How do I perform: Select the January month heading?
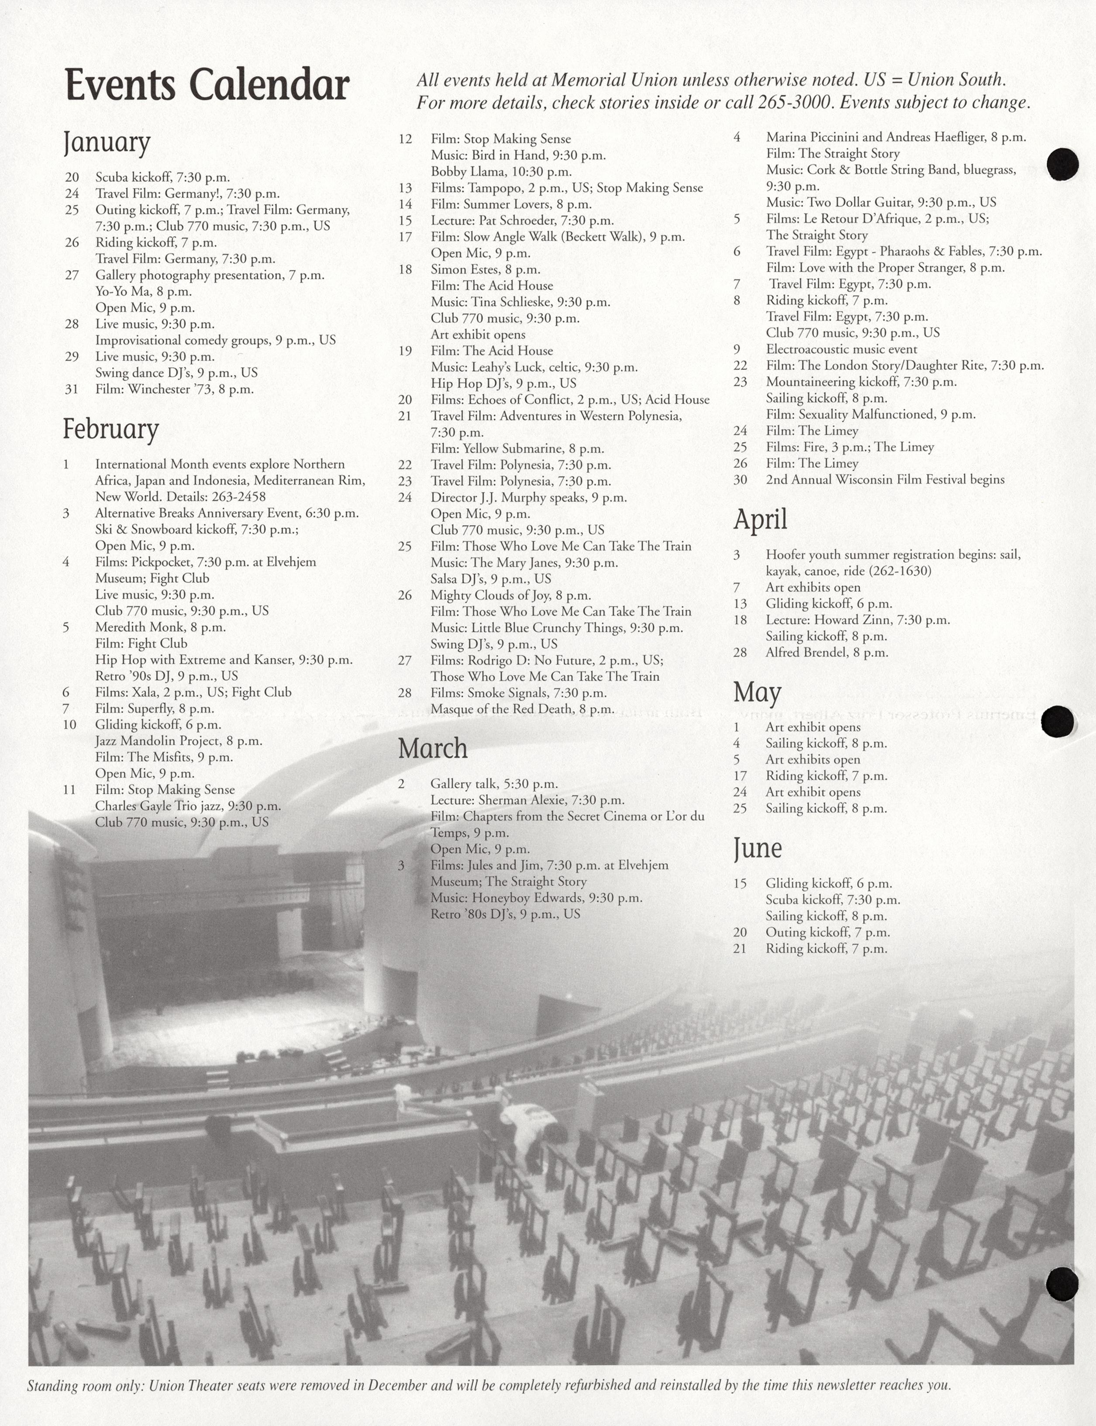click(107, 143)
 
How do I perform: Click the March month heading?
click(433, 748)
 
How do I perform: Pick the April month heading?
click(760, 519)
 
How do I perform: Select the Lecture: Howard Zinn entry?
click(857, 620)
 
